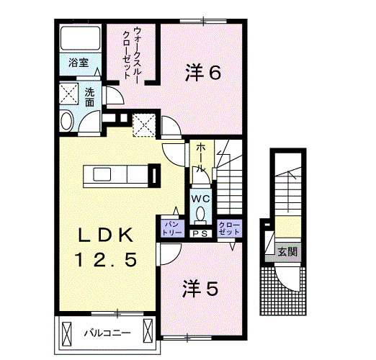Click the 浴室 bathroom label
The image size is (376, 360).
click(x=79, y=63)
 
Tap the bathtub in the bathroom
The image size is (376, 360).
click(x=80, y=38)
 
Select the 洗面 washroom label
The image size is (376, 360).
click(x=89, y=97)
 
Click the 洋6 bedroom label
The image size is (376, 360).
click(x=203, y=73)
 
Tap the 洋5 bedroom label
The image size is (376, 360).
click(x=200, y=288)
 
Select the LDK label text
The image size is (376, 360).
click(x=106, y=235)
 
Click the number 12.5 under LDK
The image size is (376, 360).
click(x=107, y=259)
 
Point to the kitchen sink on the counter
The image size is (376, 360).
click(x=102, y=174)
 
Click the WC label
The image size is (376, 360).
click(x=200, y=199)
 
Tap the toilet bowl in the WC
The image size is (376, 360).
click(x=200, y=214)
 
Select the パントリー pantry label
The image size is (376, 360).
click(x=172, y=228)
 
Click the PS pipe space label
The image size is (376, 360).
click(x=200, y=234)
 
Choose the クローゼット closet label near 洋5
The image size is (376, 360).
click(x=230, y=228)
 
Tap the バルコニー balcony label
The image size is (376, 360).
click(x=107, y=333)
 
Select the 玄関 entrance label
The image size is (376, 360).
click(x=287, y=251)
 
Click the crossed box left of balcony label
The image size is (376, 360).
click(x=67, y=334)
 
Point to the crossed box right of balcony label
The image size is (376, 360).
click(x=148, y=330)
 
